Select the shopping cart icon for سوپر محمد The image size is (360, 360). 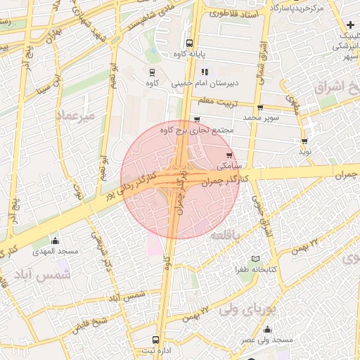[x=260, y=108]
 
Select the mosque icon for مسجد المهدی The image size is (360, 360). [x=56, y=240]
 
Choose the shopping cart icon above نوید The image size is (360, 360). [x=304, y=141]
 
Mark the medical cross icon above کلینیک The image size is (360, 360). [x=350, y=25]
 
